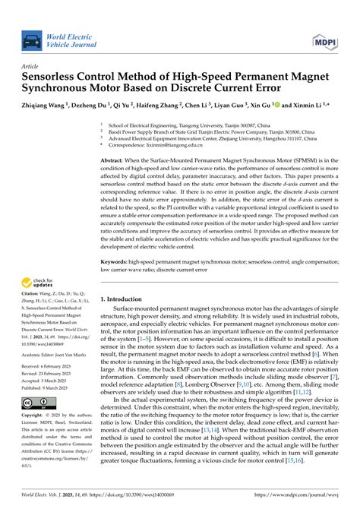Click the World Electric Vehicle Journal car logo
[31, 40]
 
